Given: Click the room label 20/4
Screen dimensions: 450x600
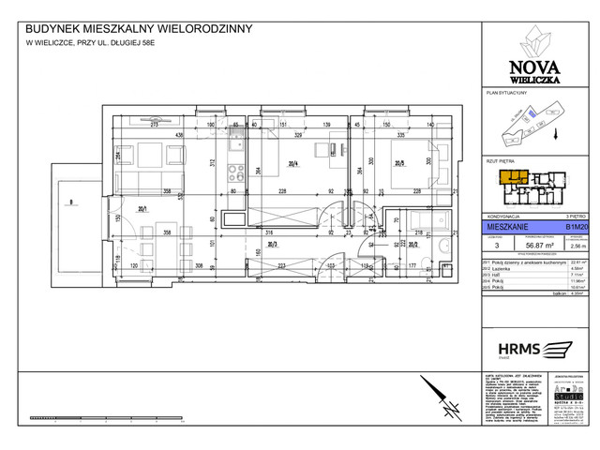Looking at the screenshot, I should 294,164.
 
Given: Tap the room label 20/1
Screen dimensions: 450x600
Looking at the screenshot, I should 143,210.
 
